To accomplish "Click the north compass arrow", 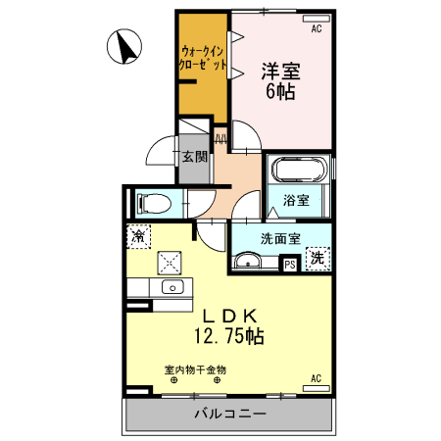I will tap(125, 44).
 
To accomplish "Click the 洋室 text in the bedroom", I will tap(279, 72).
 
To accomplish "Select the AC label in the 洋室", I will tap(316, 29).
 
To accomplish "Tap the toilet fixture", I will tap(151, 203).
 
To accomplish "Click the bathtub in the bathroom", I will tap(299, 171).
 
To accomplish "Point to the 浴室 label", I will tap(297, 200).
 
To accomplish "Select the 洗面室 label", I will tap(280, 237).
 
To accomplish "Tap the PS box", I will tap(290, 263).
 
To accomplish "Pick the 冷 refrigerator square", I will tap(139, 236).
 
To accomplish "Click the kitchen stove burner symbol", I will tap(171, 261).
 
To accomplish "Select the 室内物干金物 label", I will tap(195, 369).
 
